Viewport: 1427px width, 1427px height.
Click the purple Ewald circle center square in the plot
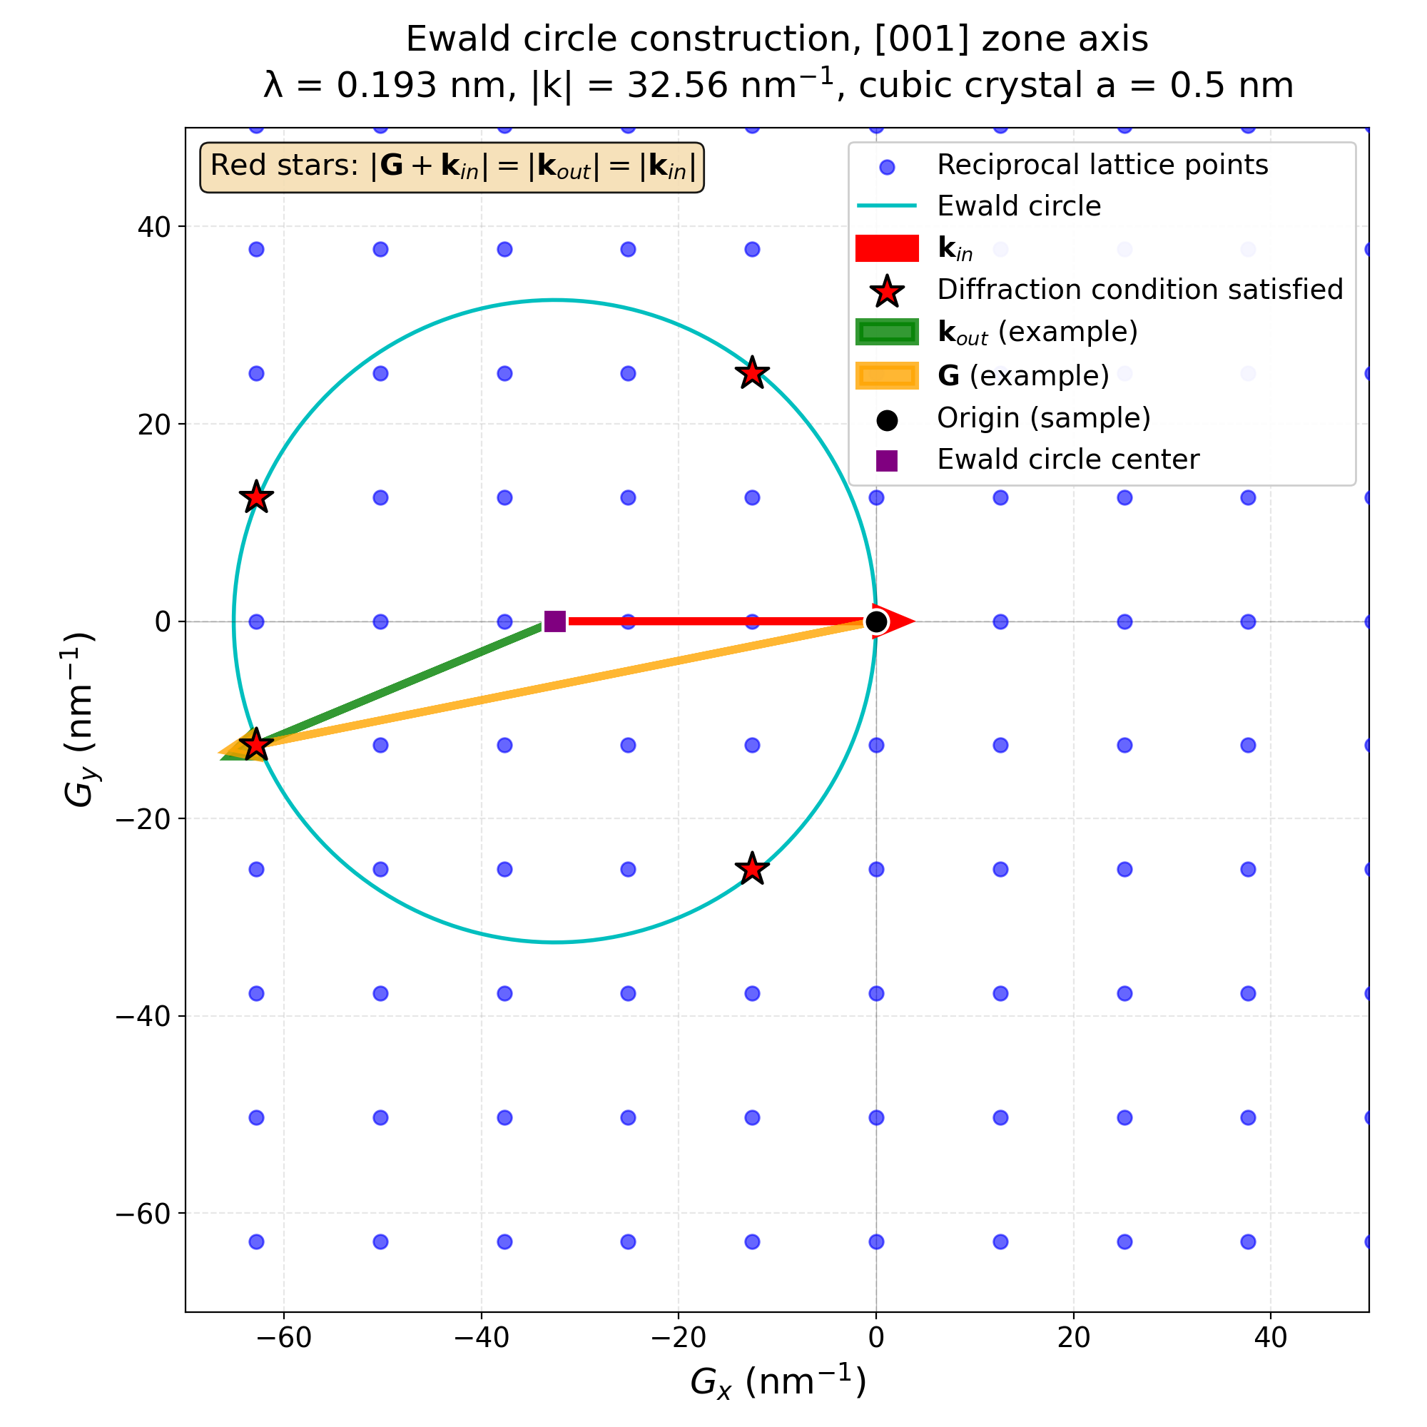coord(554,622)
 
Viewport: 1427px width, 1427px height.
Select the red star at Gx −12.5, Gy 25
coord(752,373)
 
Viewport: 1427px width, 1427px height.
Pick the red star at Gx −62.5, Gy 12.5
coord(256,497)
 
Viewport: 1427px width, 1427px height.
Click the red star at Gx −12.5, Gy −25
coord(752,868)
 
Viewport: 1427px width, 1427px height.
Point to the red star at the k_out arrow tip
coord(256,744)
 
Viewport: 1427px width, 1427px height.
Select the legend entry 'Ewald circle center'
coord(1067,460)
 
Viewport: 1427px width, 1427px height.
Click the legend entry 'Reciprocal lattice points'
coord(1102,165)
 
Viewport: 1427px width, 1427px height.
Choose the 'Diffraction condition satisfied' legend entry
coord(1139,290)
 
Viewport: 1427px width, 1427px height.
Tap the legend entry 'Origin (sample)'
coord(1043,418)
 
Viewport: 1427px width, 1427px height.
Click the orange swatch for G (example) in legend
coord(886,375)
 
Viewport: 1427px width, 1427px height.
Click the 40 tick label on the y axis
coord(154,227)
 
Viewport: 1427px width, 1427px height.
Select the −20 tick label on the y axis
coord(143,819)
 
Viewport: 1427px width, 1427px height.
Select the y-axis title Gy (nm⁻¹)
coord(80,719)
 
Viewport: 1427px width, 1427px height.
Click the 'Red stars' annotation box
coord(452,167)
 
